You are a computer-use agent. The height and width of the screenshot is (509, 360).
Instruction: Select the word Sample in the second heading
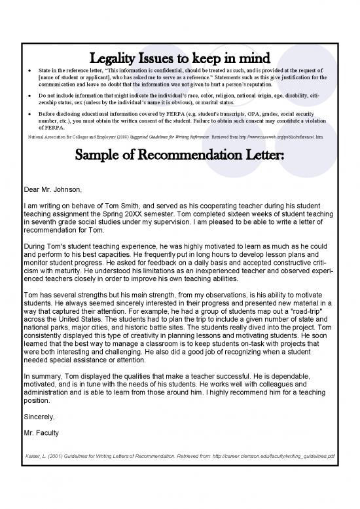[x=119, y=157]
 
